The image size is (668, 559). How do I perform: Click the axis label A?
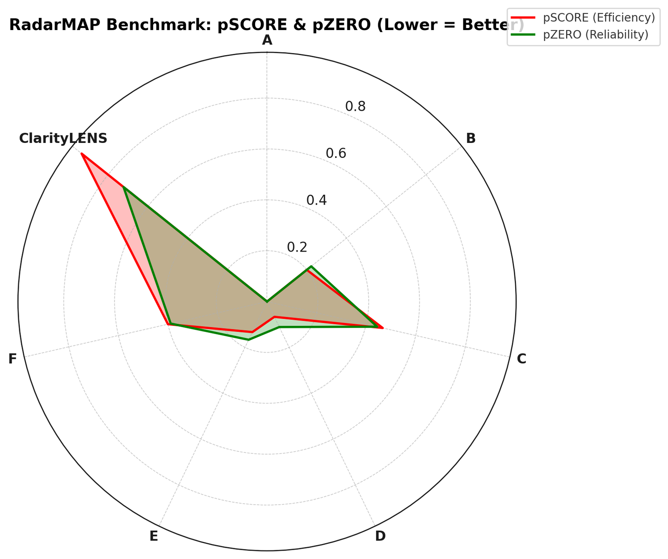click(x=267, y=40)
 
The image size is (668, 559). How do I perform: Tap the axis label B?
click(x=471, y=138)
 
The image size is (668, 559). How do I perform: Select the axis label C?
click(x=521, y=359)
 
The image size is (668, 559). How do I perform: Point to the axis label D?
click(x=380, y=536)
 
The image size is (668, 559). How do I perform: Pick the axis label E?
click(x=154, y=536)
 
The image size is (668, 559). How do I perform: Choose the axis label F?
click(x=13, y=359)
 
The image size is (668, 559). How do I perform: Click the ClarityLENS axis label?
click(x=63, y=138)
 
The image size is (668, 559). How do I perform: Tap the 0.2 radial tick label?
click(x=297, y=247)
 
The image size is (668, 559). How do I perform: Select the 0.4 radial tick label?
click(x=316, y=201)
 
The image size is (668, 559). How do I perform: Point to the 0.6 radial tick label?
click(x=336, y=153)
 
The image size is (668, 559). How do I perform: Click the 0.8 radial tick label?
click(x=355, y=107)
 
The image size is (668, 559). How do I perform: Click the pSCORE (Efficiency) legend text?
click(x=599, y=18)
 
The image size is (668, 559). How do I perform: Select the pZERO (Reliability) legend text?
click(x=595, y=35)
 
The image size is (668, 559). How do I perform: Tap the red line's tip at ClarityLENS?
click(x=82, y=154)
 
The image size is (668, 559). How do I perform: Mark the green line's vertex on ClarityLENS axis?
click(x=124, y=188)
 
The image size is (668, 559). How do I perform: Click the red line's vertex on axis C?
click(x=382, y=328)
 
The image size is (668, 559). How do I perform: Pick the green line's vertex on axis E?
click(x=248, y=340)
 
